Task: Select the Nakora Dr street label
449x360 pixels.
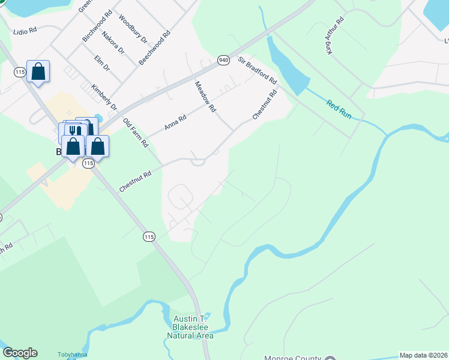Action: [x=113, y=43]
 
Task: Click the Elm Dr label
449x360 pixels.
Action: [x=103, y=63]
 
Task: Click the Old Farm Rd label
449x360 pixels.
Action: [x=135, y=133]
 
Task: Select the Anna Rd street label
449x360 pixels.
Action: [x=175, y=124]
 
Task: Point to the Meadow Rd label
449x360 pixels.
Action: [x=205, y=98]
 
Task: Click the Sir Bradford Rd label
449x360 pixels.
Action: [x=257, y=70]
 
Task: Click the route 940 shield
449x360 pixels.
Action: [x=223, y=60]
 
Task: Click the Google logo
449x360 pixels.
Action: [x=20, y=353]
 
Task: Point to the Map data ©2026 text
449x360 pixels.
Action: [x=423, y=355]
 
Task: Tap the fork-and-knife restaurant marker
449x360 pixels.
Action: [x=75, y=131]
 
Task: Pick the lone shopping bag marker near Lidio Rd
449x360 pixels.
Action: [x=38, y=72]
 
